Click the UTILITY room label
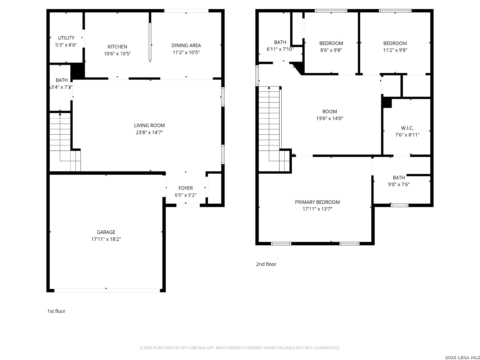click(x=66, y=38)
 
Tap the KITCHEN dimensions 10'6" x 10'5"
click(x=117, y=54)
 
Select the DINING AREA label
click(x=186, y=45)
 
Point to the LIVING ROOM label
click(x=149, y=125)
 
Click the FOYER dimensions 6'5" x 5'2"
click(x=185, y=195)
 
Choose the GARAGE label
click(x=106, y=232)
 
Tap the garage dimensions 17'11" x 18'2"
click(x=106, y=239)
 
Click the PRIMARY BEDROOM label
click(x=317, y=202)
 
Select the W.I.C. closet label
click(x=407, y=128)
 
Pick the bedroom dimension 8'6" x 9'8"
click(x=331, y=50)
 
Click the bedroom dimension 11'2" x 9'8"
click(x=395, y=50)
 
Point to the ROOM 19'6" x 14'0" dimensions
click(x=330, y=118)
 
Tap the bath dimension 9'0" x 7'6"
click(x=399, y=184)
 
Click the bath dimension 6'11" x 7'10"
click(x=280, y=49)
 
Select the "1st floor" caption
click(x=56, y=311)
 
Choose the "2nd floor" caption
click(x=266, y=264)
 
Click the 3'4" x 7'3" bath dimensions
click(x=61, y=87)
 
